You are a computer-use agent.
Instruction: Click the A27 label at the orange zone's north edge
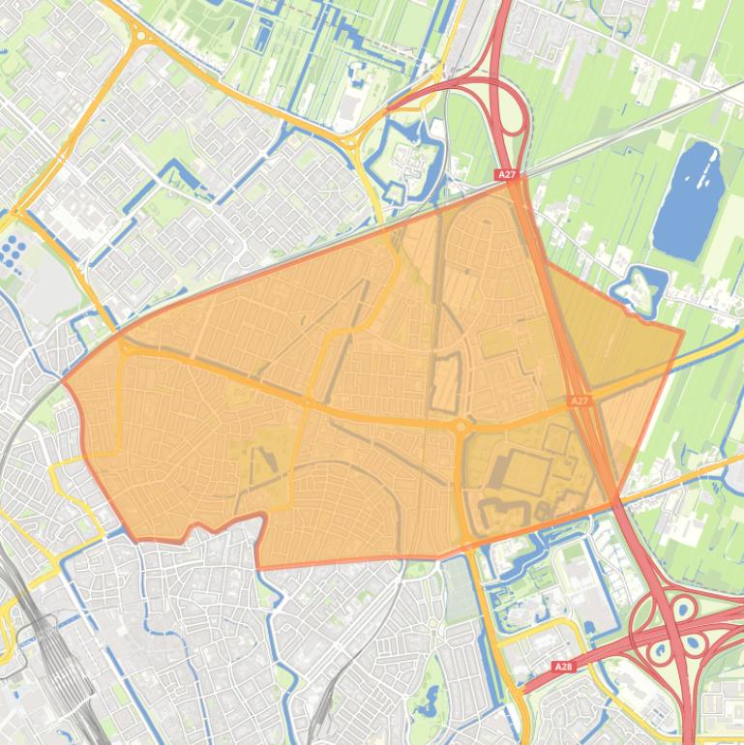coord(507,175)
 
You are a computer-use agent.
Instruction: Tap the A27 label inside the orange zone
coord(579,401)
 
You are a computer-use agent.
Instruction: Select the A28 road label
coord(563,667)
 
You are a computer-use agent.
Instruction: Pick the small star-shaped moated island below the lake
coord(640,287)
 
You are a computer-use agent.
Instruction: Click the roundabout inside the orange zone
coord(461,425)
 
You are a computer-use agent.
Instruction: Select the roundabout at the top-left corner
coord(141,37)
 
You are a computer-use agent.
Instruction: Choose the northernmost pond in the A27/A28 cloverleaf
coord(683,609)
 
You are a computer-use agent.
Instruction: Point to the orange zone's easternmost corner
coord(683,332)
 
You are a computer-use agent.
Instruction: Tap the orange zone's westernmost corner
coord(64,380)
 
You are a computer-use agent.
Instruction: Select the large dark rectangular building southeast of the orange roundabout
coord(522,472)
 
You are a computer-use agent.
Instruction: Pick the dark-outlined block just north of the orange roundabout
coord(445,382)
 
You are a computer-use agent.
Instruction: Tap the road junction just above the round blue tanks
coord(16,212)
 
